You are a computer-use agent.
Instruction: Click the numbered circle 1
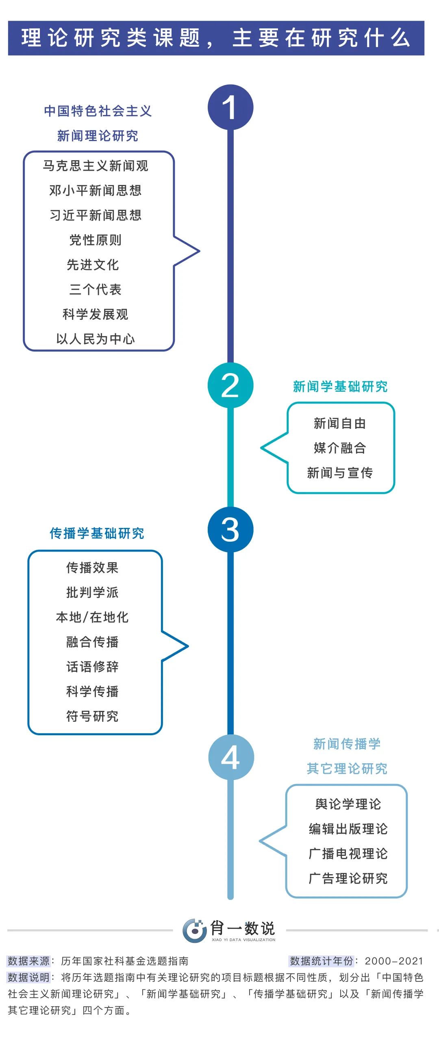click(230, 107)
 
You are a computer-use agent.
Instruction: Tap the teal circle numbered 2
click(230, 385)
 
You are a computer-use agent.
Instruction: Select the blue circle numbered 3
click(230, 530)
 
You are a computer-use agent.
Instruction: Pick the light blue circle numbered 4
click(231, 757)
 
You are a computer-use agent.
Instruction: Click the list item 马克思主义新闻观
click(96, 166)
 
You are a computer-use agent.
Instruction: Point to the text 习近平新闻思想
click(96, 215)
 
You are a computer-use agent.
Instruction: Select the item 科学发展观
click(96, 314)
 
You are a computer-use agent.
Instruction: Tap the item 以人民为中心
click(96, 339)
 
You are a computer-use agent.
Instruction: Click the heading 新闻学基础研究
click(340, 386)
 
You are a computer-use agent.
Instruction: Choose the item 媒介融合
click(340, 448)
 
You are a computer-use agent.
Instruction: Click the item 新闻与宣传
click(340, 473)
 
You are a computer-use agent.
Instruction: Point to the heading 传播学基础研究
click(97, 533)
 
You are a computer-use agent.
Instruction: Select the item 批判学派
click(92, 593)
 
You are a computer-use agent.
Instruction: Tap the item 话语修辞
click(92, 667)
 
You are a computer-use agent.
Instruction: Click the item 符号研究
click(92, 716)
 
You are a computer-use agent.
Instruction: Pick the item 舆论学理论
click(348, 804)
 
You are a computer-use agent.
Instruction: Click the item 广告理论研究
click(348, 878)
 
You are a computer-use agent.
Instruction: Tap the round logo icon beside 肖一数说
click(194, 930)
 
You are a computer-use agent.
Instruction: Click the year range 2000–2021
click(394, 961)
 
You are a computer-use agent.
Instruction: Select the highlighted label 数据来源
click(28, 961)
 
